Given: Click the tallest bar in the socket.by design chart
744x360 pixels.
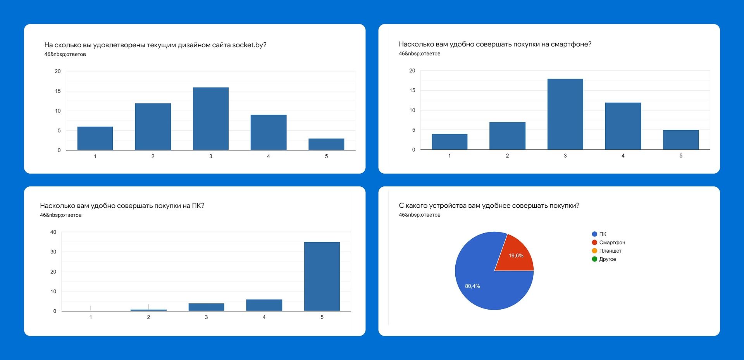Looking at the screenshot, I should click(x=210, y=119).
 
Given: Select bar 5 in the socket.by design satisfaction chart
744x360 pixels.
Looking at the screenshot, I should click(x=326, y=144).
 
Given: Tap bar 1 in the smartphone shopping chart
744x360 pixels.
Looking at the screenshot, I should click(x=449, y=142).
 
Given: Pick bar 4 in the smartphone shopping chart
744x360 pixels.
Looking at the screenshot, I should click(x=623, y=126).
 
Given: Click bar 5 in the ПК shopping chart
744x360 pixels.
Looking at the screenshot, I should click(x=322, y=276).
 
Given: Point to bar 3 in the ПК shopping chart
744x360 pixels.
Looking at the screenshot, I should click(x=206, y=307).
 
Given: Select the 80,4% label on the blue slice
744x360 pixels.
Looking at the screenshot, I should click(x=472, y=286).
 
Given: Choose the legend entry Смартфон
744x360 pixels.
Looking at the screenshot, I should click(x=612, y=243).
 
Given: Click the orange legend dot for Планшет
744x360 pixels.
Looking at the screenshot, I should click(x=594, y=251).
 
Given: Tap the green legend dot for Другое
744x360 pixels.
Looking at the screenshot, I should click(x=594, y=259).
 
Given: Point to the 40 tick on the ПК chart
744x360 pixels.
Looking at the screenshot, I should click(x=53, y=232).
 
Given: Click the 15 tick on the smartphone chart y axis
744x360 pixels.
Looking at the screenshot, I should click(x=412, y=90).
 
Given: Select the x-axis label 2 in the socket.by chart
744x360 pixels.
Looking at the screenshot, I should click(x=153, y=156).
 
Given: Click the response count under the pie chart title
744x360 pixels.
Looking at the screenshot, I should click(x=419, y=215).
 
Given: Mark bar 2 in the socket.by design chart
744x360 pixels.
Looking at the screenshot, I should click(x=153, y=126).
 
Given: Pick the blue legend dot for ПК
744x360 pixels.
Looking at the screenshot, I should click(x=594, y=234).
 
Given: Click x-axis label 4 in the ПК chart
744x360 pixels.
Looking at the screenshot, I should click(x=264, y=317).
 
